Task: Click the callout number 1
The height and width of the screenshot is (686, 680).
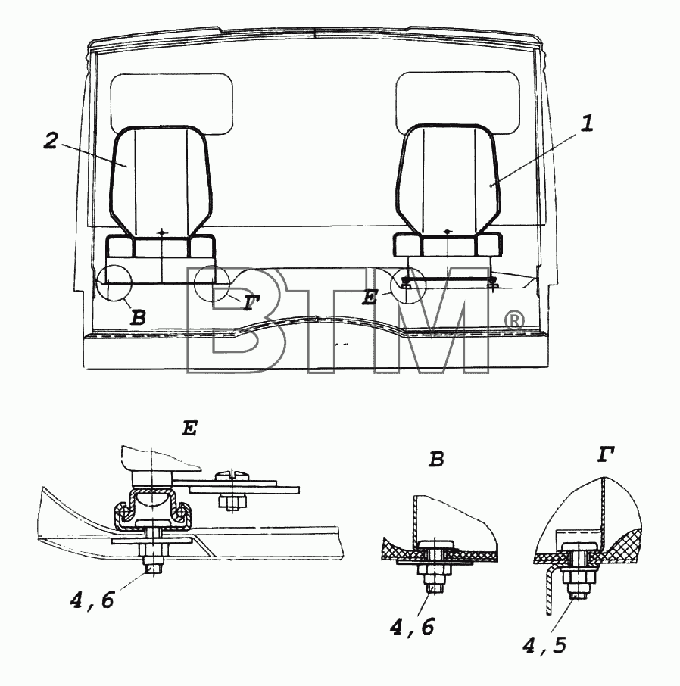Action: click(587, 123)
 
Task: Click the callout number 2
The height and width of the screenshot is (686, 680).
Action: click(51, 141)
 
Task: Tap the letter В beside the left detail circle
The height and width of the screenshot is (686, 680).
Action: click(139, 317)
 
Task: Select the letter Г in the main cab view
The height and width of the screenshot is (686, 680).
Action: click(251, 302)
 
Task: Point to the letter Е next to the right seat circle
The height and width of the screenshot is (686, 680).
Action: click(370, 298)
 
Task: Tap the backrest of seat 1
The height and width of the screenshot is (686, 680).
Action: click(448, 179)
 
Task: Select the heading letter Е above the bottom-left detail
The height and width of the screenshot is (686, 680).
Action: click(190, 429)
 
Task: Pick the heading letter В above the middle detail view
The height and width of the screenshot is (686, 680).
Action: click(437, 459)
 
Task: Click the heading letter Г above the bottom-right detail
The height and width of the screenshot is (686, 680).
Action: click(606, 454)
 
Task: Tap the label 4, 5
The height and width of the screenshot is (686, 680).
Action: click(544, 646)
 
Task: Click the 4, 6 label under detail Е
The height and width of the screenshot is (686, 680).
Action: click(92, 600)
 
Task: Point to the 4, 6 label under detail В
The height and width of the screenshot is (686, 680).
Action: click(412, 628)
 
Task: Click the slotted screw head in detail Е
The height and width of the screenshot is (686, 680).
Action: click(232, 474)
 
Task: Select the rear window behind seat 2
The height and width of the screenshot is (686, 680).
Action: click(171, 104)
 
